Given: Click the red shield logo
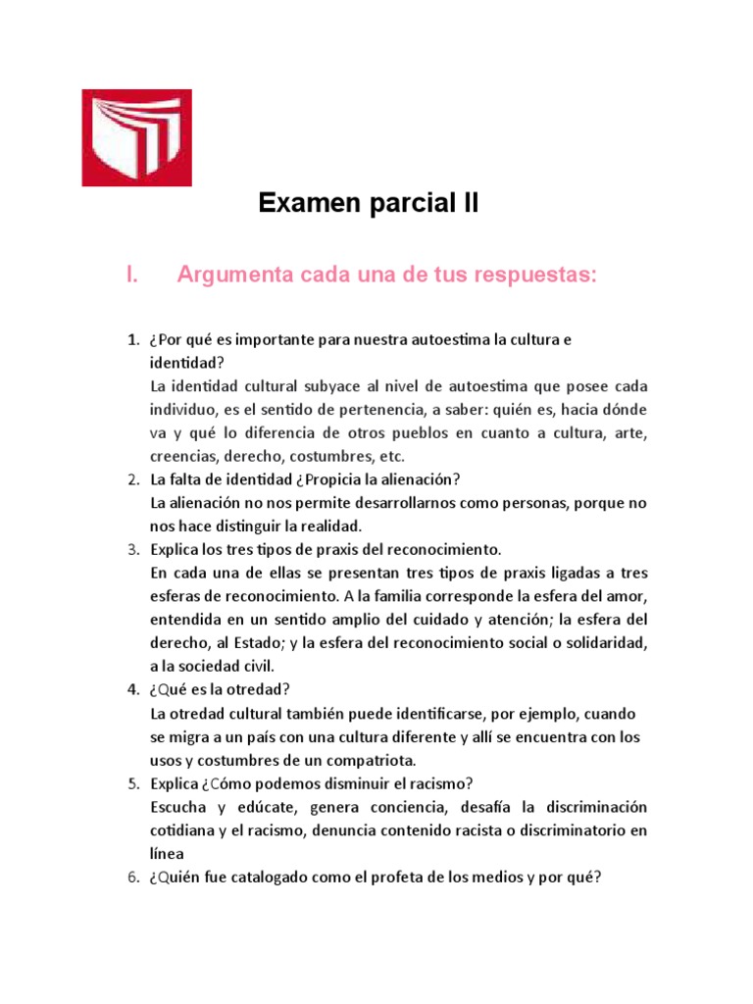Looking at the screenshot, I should [x=136, y=137].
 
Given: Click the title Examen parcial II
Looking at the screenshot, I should [x=368, y=204].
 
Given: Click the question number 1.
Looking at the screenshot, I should [x=132, y=339].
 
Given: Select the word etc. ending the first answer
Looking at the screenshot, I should [x=389, y=457].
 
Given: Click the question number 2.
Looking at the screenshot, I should [x=132, y=479].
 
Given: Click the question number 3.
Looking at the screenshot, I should [x=132, y=549].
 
